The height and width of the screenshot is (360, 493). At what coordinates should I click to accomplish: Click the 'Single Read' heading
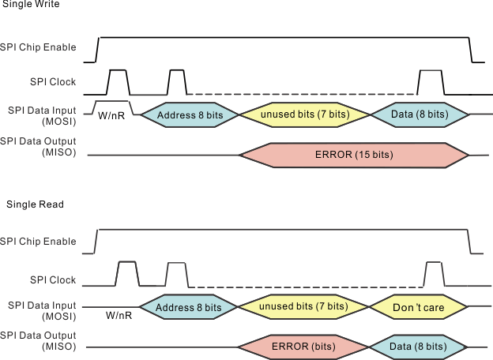pos(35,204)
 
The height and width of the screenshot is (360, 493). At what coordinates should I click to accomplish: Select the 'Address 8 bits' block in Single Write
pos(190,115)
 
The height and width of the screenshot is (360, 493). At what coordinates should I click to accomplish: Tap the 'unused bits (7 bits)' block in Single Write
pos(304,115)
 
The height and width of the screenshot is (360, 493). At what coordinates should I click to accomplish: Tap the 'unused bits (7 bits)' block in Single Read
pos(304,306)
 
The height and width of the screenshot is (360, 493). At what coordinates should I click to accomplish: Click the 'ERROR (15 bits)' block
pos(353,155)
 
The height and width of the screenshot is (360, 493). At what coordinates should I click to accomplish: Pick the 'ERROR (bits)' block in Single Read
pos(303,347)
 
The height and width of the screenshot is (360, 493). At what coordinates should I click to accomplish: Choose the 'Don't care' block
pos(418,307)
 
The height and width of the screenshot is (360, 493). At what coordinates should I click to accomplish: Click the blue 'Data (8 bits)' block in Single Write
pos(419,115)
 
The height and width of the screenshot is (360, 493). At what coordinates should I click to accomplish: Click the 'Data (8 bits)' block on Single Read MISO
pos(418,347)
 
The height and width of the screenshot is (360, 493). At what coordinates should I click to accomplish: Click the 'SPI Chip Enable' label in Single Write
pos(39,47)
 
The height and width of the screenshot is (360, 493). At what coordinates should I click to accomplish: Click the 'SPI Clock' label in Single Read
pos(53,280)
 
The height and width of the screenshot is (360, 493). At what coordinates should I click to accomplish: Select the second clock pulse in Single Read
pos(176,275)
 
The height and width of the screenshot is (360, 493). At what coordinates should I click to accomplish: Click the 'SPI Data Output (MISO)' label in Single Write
pos(39,146)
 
